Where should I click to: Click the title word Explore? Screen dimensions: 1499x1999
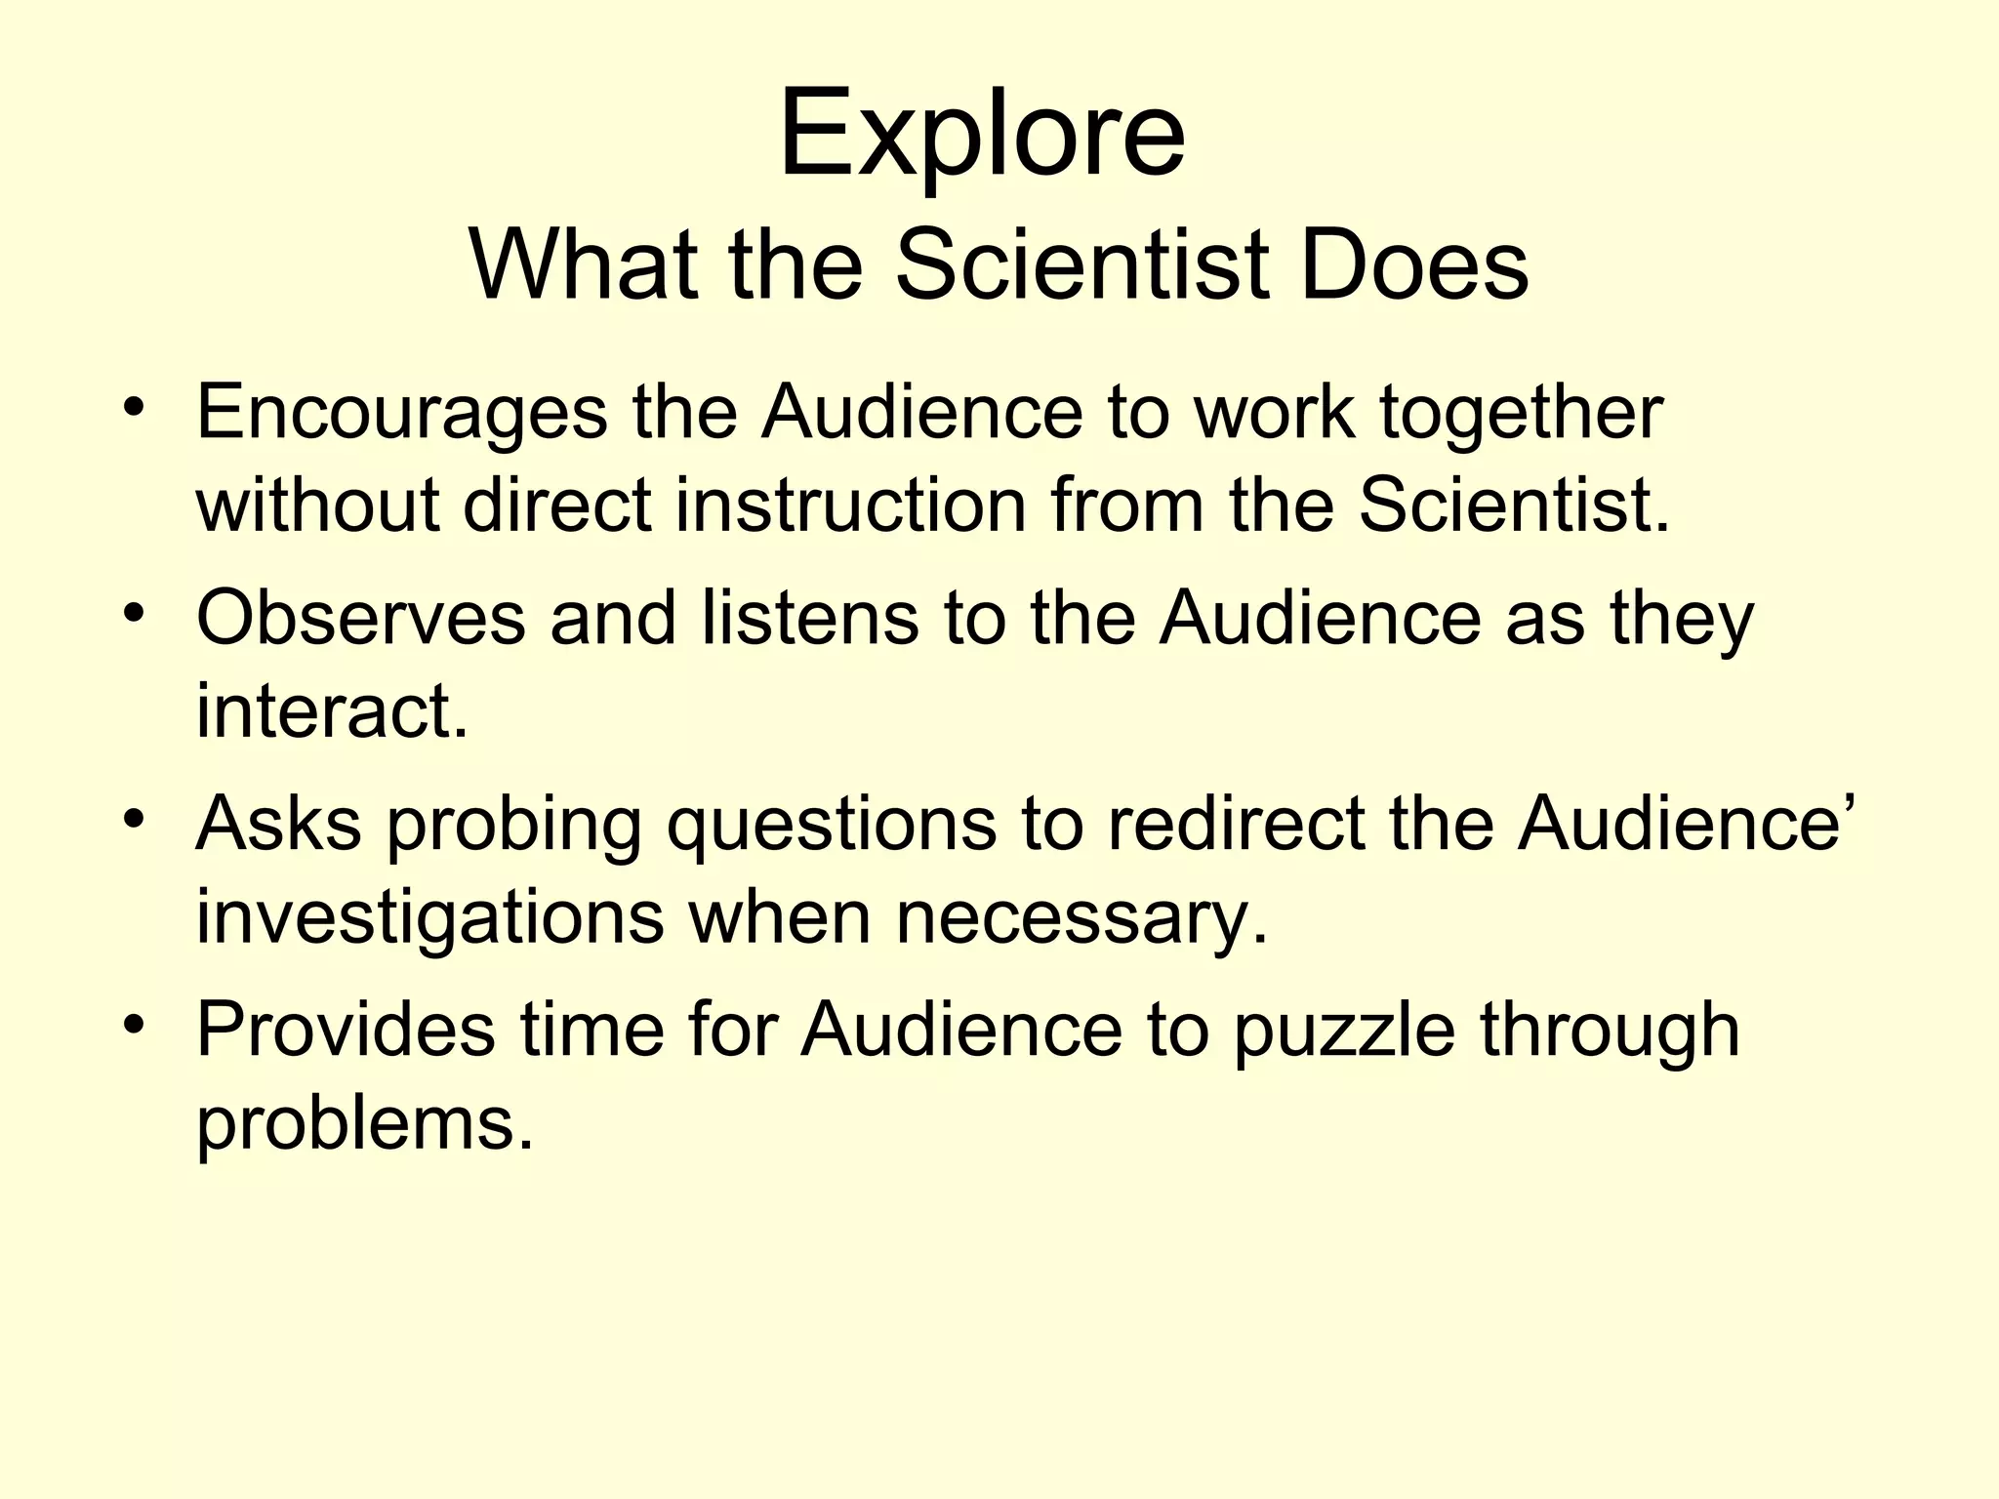click(x=981, y=134)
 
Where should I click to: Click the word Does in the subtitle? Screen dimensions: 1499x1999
click(x=1414, y=265)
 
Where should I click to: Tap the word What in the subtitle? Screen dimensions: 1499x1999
click(x=583, y=265)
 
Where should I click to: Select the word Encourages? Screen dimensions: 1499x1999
click(x=401, y=414)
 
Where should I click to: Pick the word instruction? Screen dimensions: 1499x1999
click(x=850, y=506)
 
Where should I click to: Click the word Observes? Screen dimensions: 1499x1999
click(x=360, y=619)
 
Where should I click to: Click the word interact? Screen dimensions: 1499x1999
click(x=332, y=710)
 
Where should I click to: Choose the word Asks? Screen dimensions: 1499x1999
click(x=278, y=824)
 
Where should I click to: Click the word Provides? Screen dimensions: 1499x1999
click(x=346, y=1031)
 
